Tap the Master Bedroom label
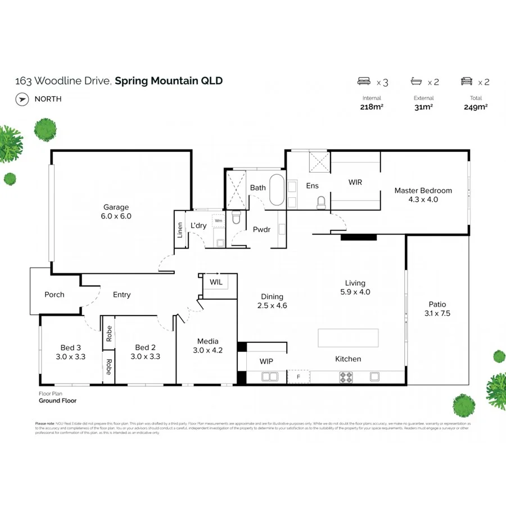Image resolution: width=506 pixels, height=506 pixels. (423, 191)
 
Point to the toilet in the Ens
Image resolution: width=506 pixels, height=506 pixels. (321, 202)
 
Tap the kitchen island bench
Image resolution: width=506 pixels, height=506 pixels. (348, 338)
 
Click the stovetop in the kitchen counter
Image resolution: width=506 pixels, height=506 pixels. (345, 377)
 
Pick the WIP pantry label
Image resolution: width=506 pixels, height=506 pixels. (266, 361)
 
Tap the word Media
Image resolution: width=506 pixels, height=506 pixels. (207, 341)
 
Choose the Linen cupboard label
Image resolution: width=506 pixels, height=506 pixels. (180, 230)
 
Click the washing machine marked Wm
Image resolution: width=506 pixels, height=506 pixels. (218, 221)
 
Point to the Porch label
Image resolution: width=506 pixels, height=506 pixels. (55, 295)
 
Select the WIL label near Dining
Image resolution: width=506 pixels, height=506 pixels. (216, 281)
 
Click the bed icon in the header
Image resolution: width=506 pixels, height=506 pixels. (364, 82)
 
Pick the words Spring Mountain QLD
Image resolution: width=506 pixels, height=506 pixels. (169, 80)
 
